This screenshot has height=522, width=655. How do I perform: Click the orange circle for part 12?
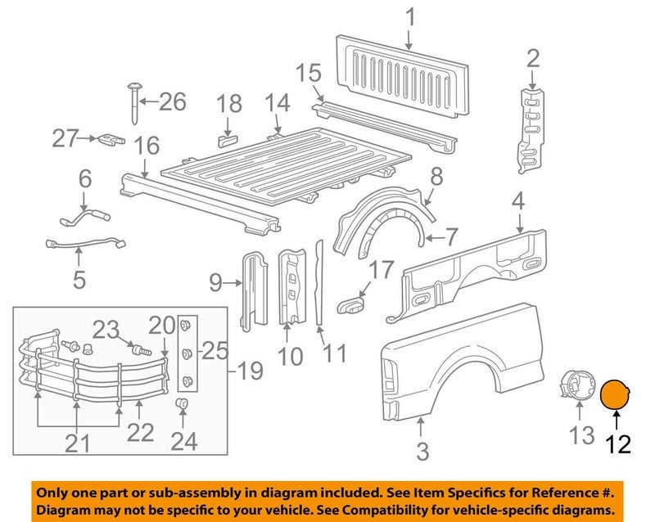pyautogui.click(x=616, y=395)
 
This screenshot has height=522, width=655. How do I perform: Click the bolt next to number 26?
pyautogui.click(x=133, y=102)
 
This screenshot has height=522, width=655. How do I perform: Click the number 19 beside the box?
pyautogui.click(x=250, y=373)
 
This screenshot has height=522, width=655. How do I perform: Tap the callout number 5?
pyautogui.click(x=79, y=280)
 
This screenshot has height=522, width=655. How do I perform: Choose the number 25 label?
pyautogui.click(x=216, y=352)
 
